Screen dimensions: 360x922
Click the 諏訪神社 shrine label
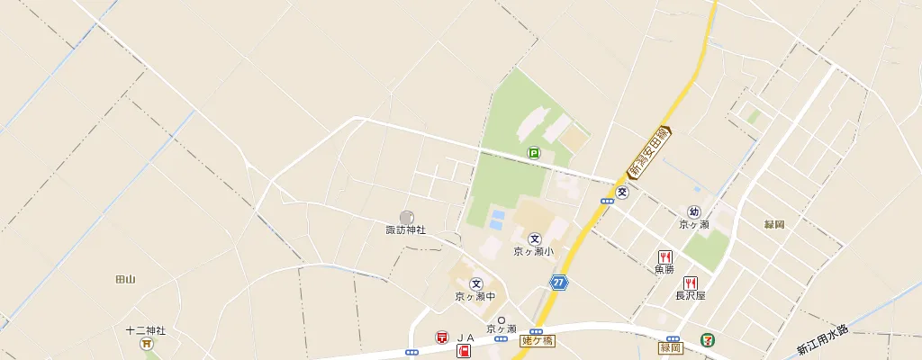[405, 230]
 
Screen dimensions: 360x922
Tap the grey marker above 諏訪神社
[407, 217]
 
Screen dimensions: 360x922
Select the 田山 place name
[125, 280]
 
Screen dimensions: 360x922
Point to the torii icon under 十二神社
[146, 343]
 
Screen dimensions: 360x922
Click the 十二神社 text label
[146, 330]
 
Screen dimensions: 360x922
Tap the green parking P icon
[534, 154]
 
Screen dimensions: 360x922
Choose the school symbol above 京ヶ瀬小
[535, 238]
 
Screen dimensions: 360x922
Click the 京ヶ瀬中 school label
[475, 296]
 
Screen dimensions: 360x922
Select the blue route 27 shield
[560, 283]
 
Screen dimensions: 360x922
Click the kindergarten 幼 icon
[694, 211]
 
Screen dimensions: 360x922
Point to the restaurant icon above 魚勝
[665, 256]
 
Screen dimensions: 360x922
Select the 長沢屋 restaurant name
[691, 295]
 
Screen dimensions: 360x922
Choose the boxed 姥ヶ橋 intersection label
[538, 340]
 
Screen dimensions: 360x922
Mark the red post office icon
[442, 337]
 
